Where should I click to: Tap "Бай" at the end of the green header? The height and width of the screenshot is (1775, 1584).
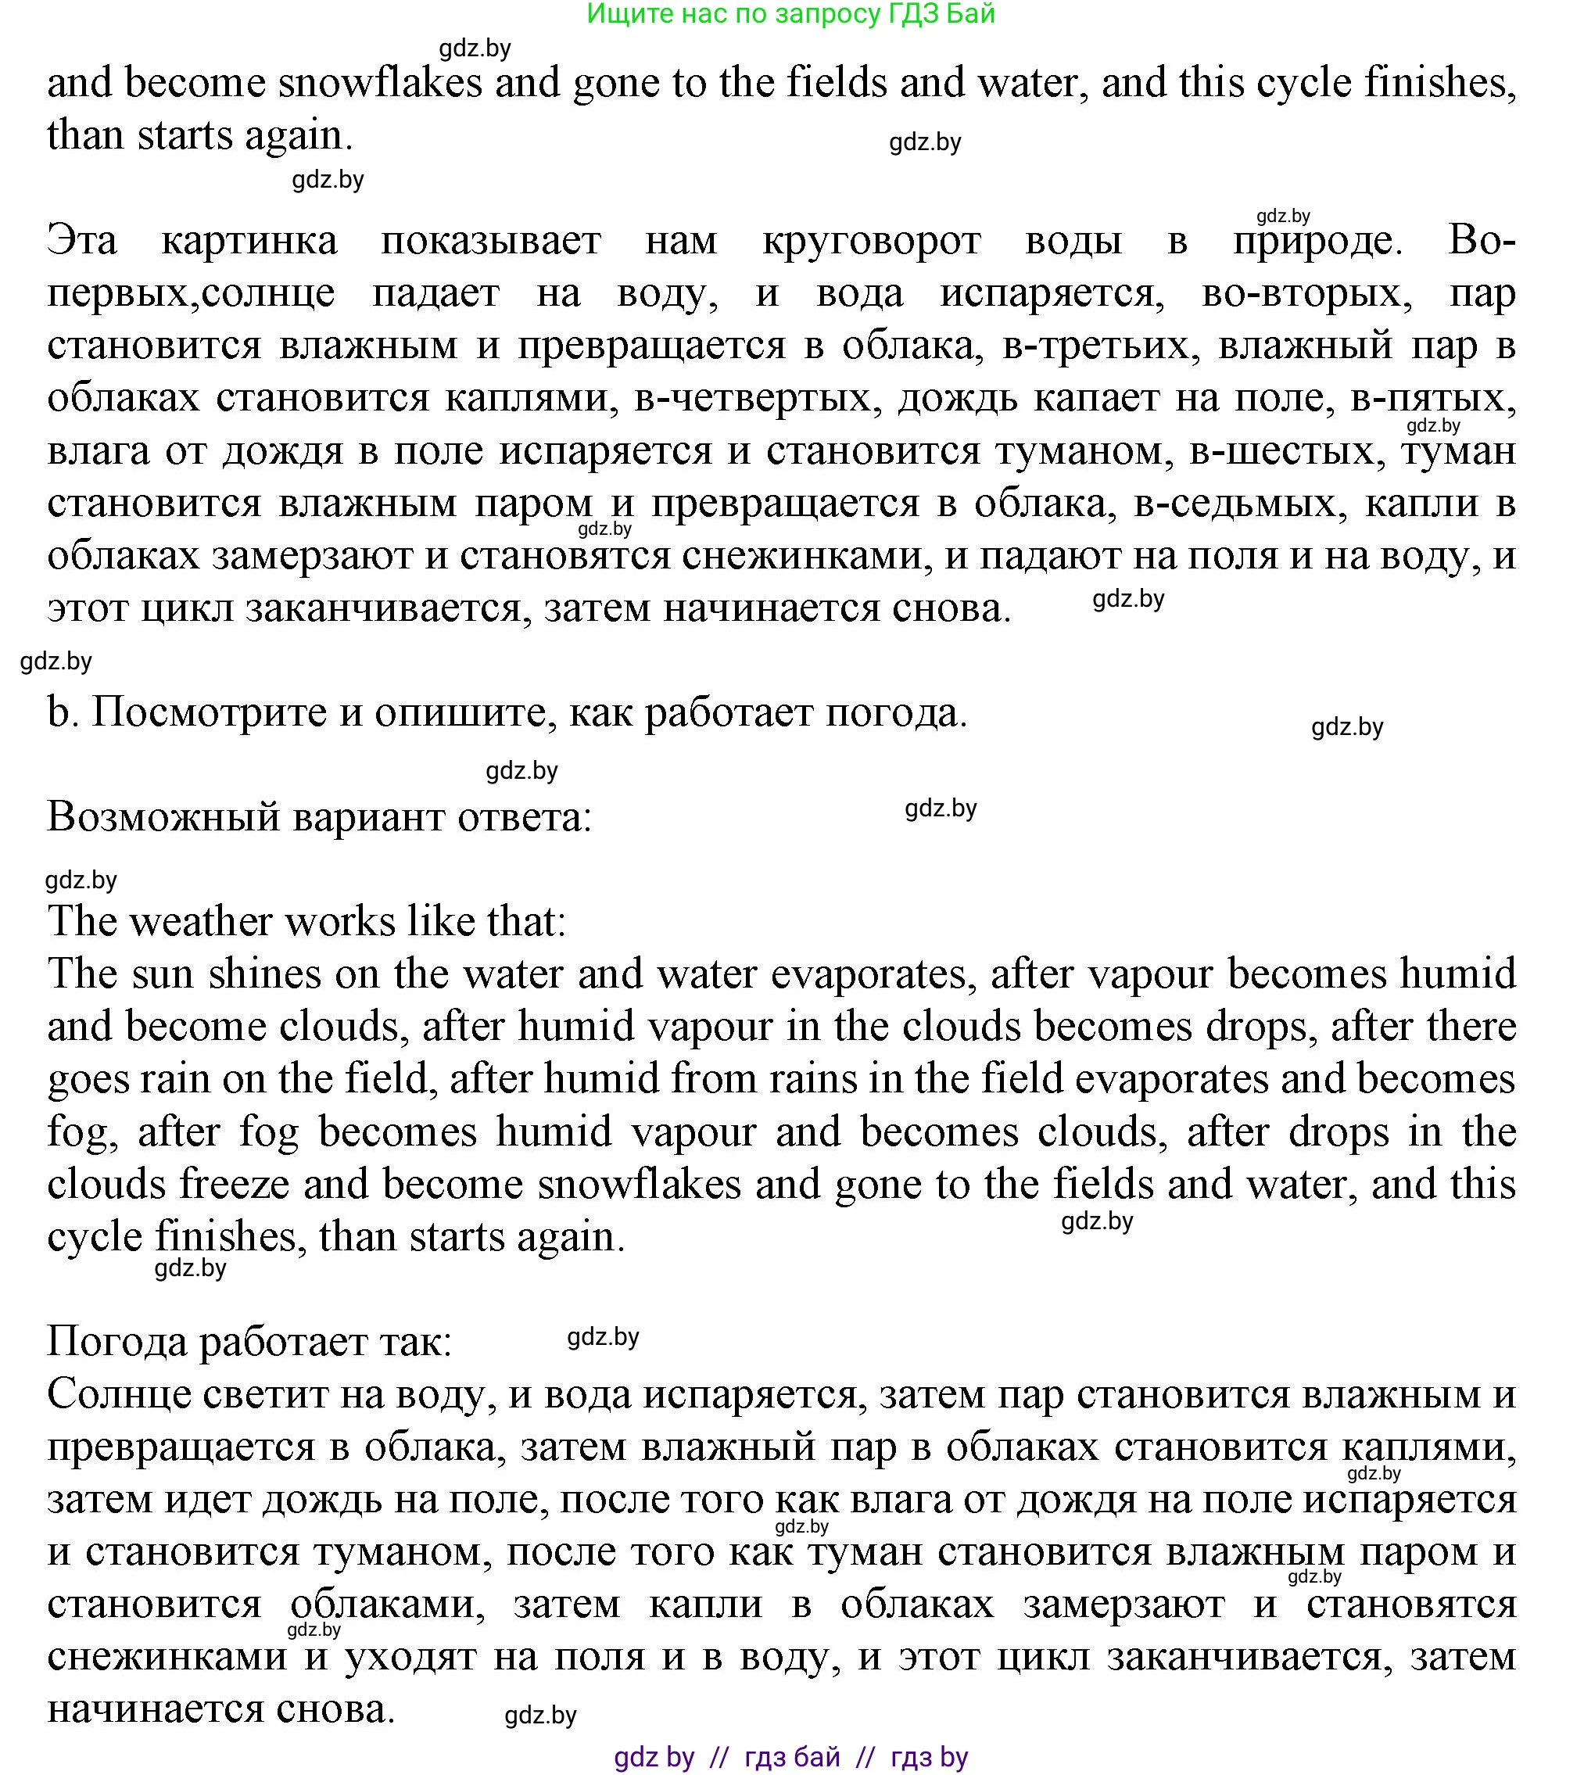point(969,14)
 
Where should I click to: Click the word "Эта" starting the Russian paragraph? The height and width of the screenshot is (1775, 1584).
point(82,240)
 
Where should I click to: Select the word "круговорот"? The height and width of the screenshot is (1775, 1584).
point(871,240)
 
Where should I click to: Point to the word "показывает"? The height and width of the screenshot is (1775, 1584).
point(491,240)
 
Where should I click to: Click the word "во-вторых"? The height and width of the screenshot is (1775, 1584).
point(1306,293)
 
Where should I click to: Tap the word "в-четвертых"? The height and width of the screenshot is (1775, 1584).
point(754,399)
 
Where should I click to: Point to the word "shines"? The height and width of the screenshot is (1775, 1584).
point(264,974)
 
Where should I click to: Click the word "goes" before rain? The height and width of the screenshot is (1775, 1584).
point(90,1079)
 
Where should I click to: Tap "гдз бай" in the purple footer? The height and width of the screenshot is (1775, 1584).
point(792,1758)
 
